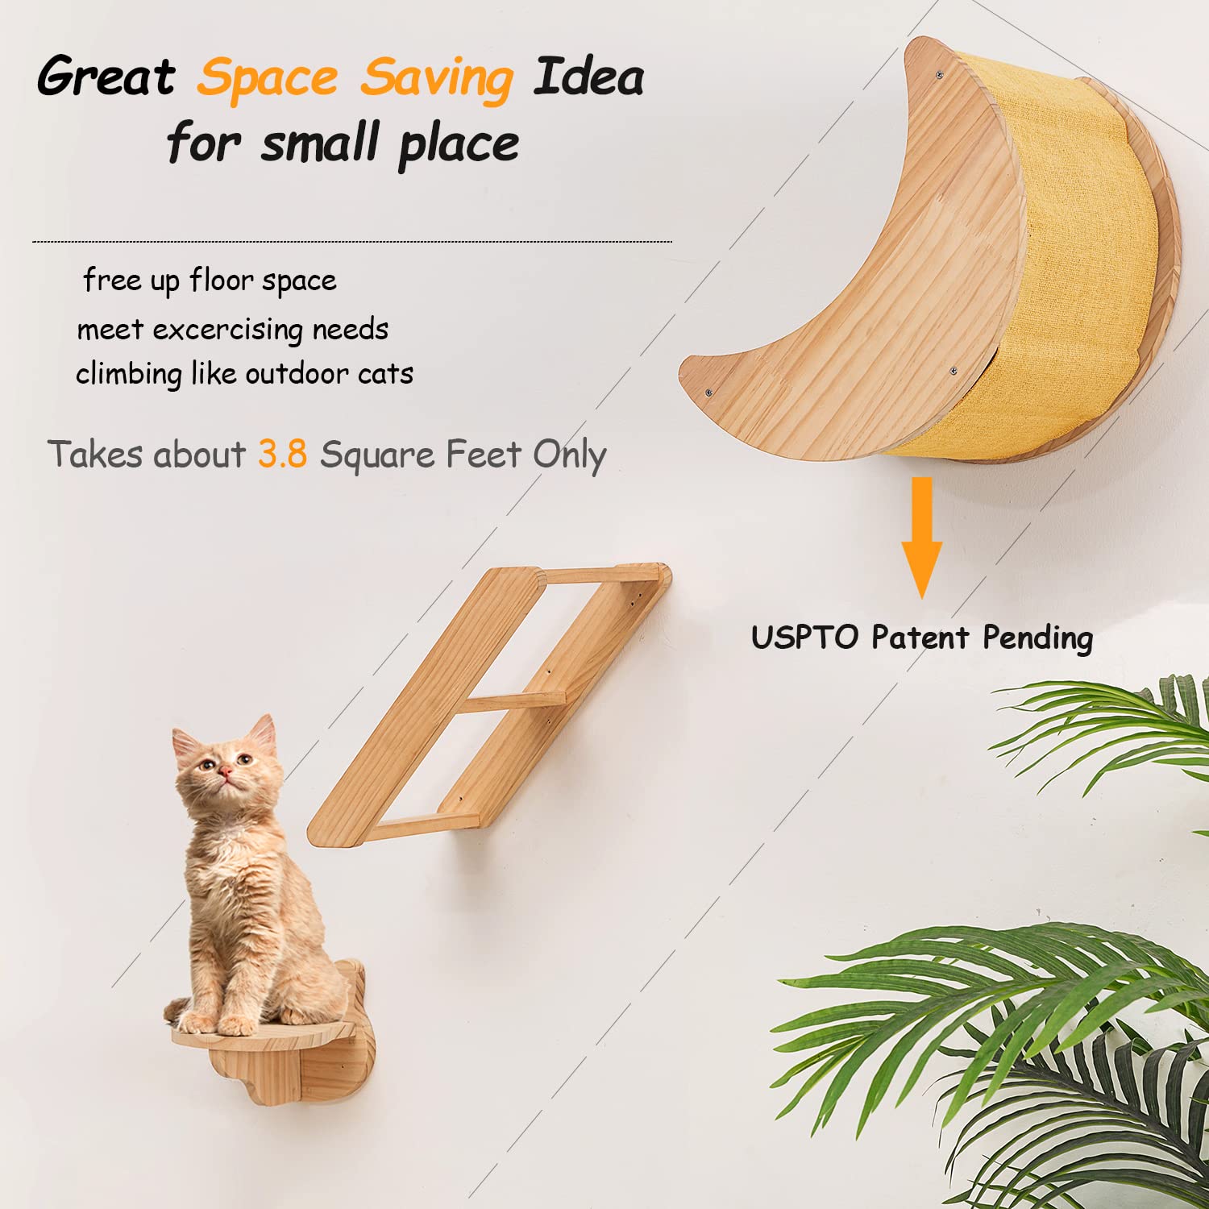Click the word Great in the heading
[106, 78]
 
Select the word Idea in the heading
[588, 78]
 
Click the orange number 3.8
[282, 455]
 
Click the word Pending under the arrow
[1037, 638]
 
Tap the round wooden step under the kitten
[266, 1036]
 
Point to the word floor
[220, 280]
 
